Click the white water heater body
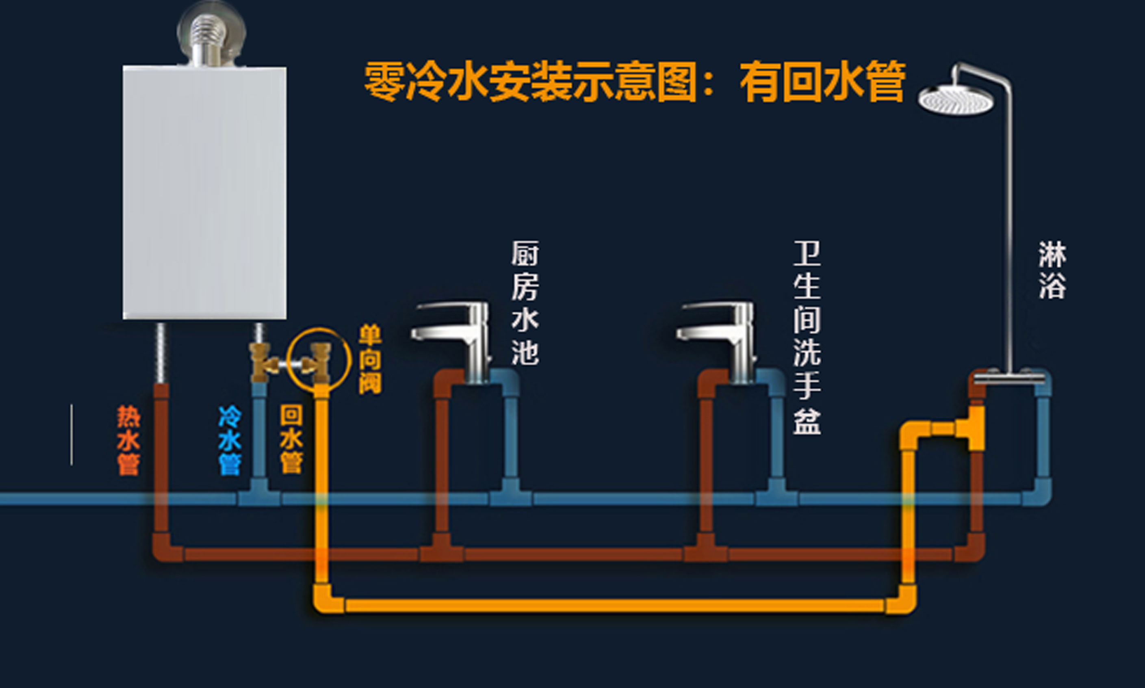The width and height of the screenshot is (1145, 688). (204, 193)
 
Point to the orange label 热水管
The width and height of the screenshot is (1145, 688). (128, 440)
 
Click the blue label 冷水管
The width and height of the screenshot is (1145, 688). (230, 440)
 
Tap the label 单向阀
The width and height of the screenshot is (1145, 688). (370, 359)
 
